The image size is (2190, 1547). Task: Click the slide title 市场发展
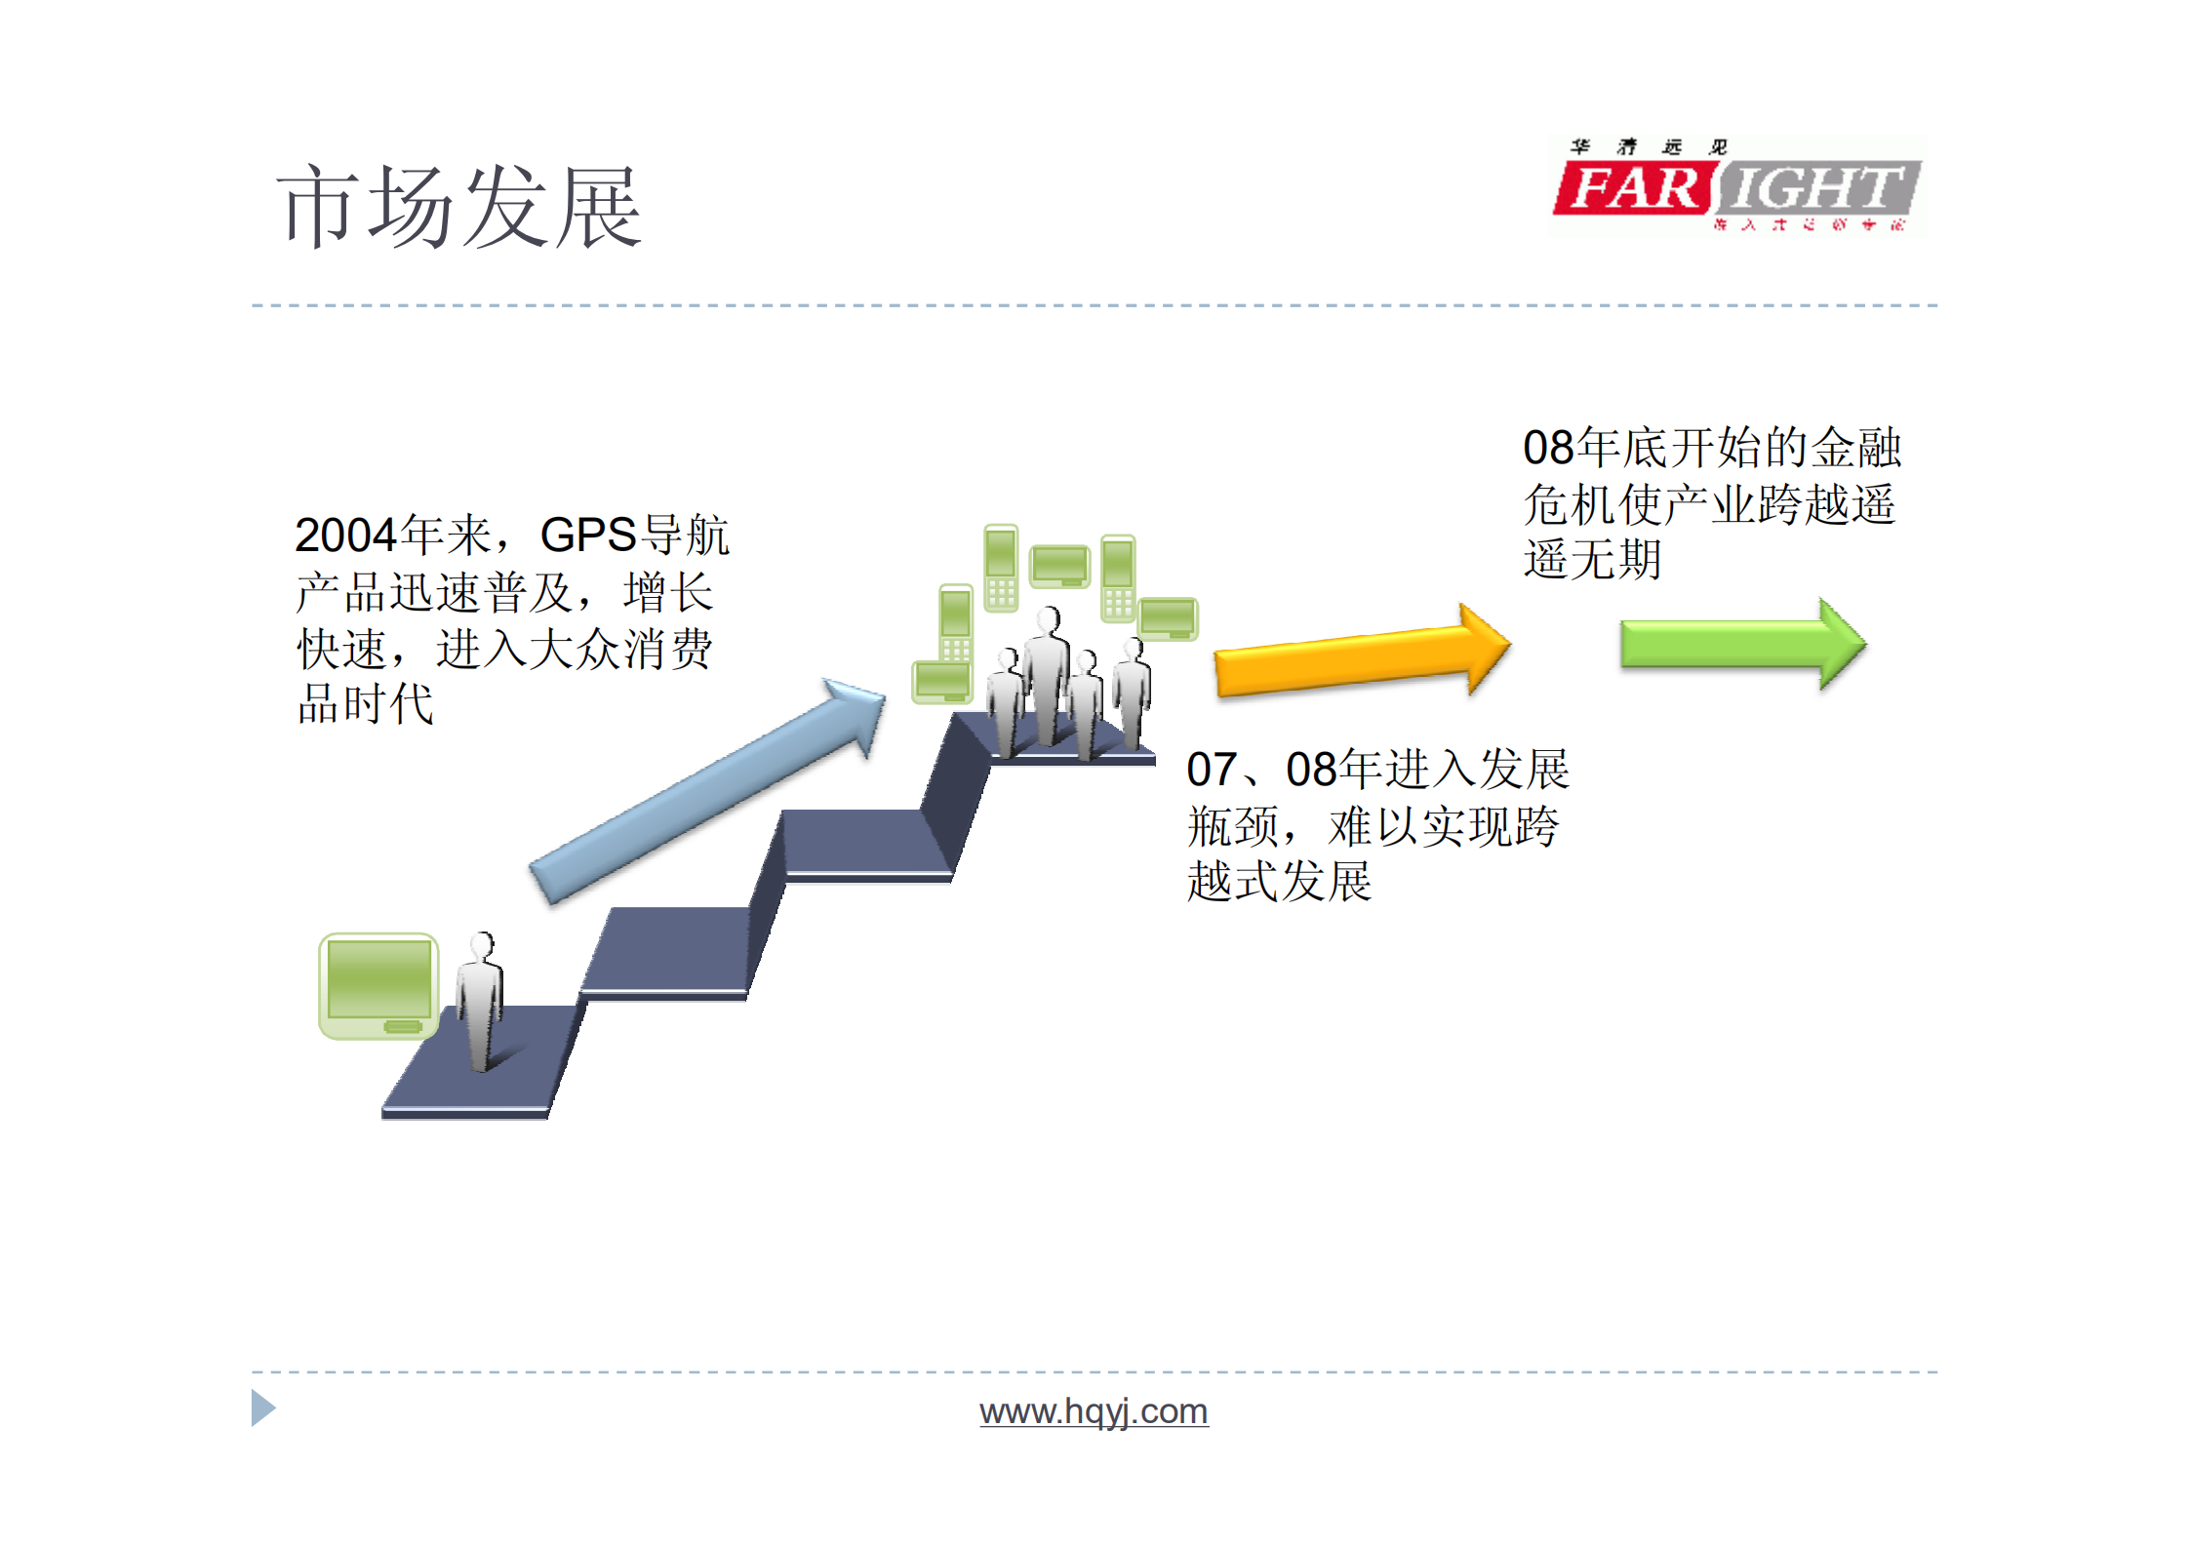coord(458,207)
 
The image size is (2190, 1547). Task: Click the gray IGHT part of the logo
coord(1816,188)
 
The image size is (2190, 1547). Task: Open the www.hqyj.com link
coord(1094,1411)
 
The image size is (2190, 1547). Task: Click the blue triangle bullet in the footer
coord(262,1408)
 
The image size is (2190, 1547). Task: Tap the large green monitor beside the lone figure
coord(378,985)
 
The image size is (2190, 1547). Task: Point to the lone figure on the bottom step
coord(480,1001)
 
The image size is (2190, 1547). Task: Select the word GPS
coord(587,535)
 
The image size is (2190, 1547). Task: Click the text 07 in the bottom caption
coord(1211,771)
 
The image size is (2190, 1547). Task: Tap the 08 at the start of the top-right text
coord(1548,449)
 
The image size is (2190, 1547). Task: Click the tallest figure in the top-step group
coord(1047,673)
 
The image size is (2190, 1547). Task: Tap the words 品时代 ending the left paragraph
coord(366,704)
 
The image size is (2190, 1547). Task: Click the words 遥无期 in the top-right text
coord(1592,561)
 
